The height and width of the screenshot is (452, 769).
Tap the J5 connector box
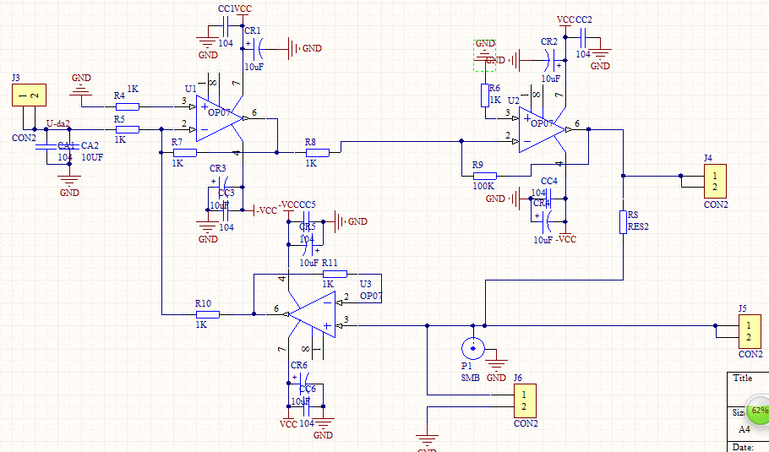pyautogui.click(x=749, y=330)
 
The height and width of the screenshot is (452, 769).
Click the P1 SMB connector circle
pyautogui.click(x=472, y=348)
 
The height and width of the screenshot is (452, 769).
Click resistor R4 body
pyautogui.click(x=127, y=106)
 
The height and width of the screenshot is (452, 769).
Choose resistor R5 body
pyautogui.click(x=127, y=129)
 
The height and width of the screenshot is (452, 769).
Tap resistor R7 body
pyautogui.click(x=184, y=152)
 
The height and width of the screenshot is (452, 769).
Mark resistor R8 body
pyautogui.click(x=317, y=152)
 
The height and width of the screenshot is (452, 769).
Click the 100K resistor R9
pyautogui.click(x=483, y=176)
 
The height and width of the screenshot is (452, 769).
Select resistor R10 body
pyautogui.click(x=207, y=314)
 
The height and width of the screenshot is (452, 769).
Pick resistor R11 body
pyautogui.click(x=335, y=274)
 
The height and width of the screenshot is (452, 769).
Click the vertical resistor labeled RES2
pyautogui.click(x=623, y=222)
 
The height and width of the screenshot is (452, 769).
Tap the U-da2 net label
pyautogui.click(x=58, y=123)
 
